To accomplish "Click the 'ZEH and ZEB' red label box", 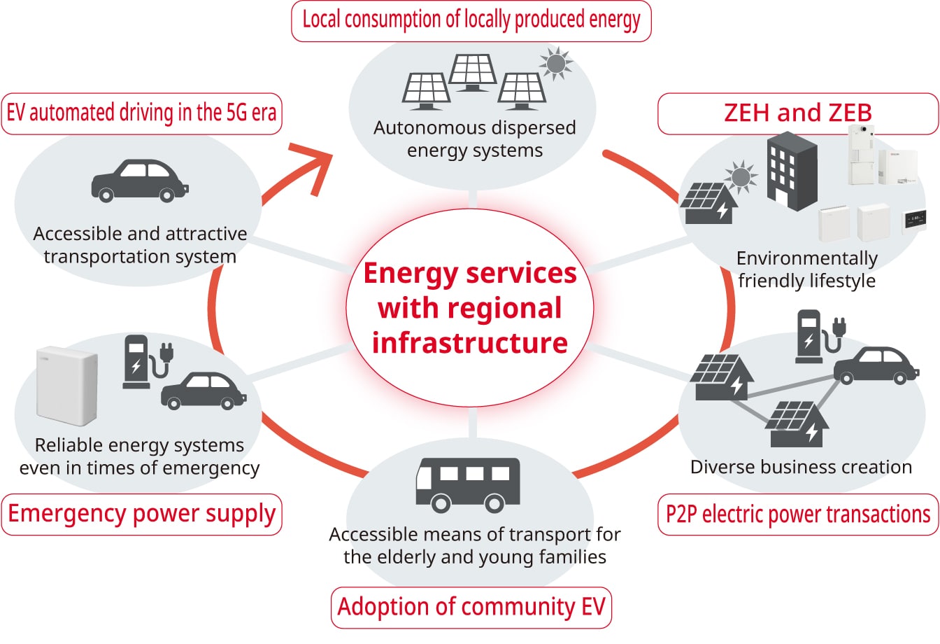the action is click(x=798, y=113).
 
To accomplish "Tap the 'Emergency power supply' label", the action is click(x=141, y=514).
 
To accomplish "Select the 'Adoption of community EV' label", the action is click(x=471, y=608).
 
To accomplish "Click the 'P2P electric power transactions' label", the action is click(x=798, y=514).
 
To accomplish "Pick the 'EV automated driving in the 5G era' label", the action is click(x=141, y=113).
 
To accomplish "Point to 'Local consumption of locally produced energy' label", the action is click(x=471, y=21).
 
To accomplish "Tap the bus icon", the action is click(x=468, y=485).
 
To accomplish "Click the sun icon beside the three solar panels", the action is click(x=556, y=64).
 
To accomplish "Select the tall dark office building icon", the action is click(x=792, y=171).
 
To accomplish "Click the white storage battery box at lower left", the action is click(x=67, y=385).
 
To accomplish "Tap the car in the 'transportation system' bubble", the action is click(x=140, y=181).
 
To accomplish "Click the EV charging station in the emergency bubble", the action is click(x=148, y=362).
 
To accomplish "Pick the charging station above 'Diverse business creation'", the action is click(x=820, y=337).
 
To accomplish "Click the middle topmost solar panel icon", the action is click(x=473, y=72).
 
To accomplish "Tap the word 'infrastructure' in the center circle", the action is click(x=470, y=343).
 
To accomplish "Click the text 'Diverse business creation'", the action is click(x=801, y=467).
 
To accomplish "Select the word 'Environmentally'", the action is click(x=807, y=258).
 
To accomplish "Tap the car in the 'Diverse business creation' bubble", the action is click(x=876, y=365).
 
